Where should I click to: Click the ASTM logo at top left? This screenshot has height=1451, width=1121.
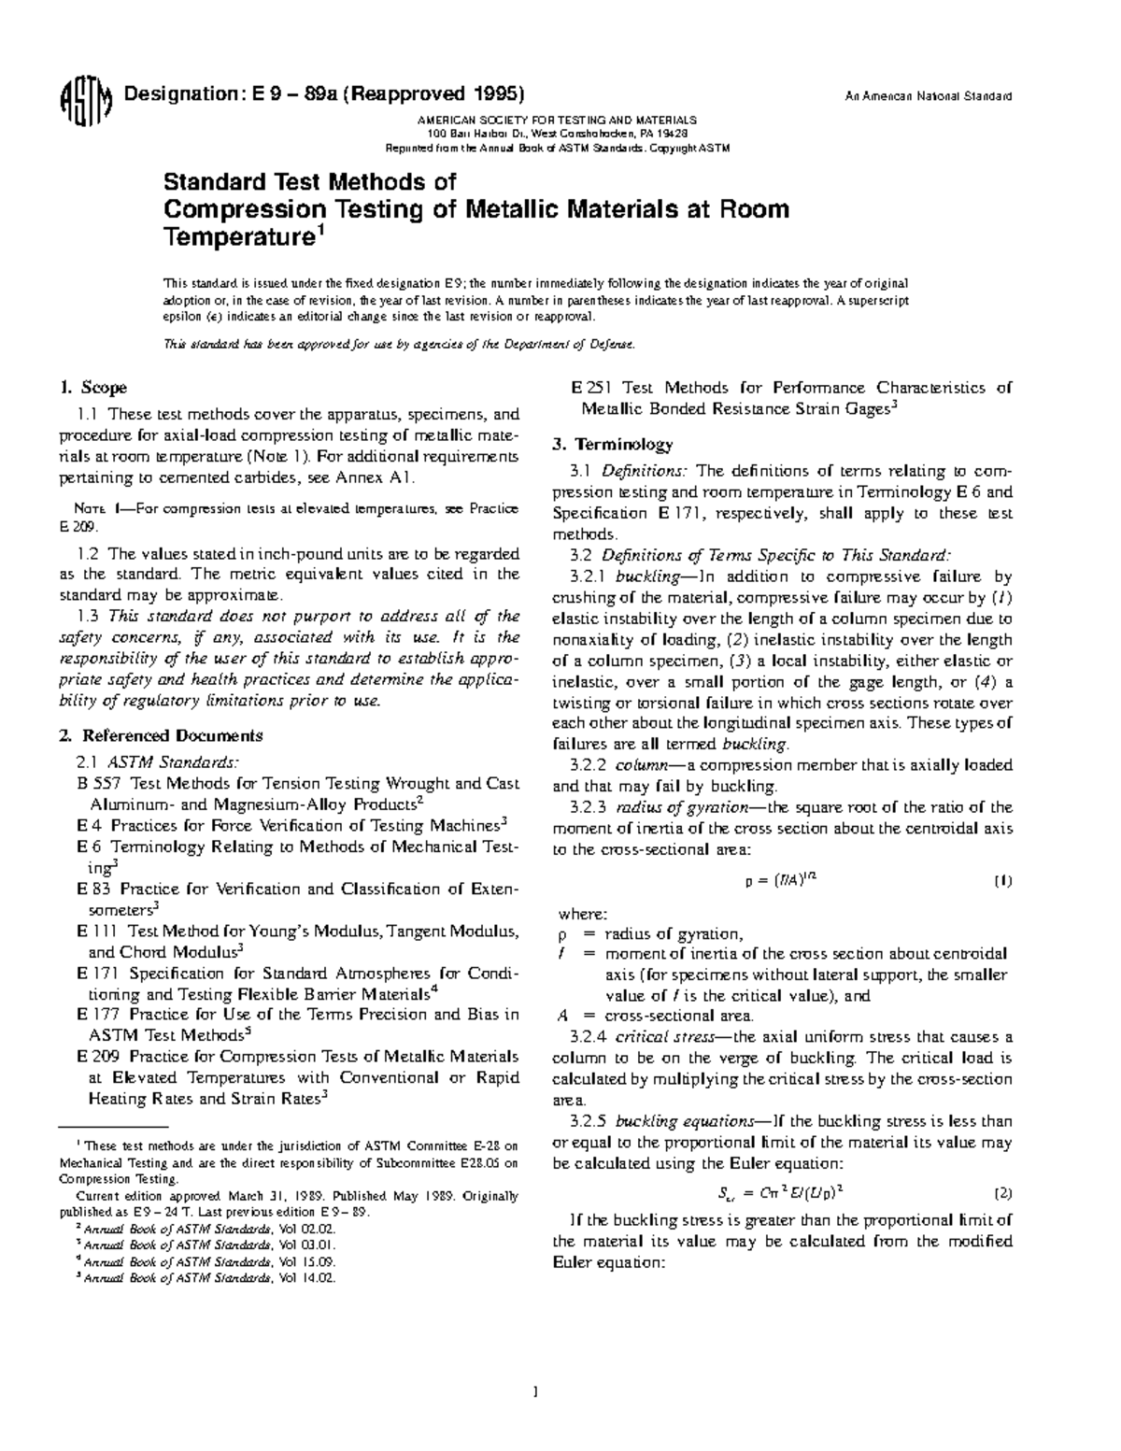click(x=85, y=98)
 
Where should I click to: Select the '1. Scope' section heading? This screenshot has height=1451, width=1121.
click(x=92, y=388)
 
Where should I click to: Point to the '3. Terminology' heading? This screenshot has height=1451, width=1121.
click(x=612, y=444)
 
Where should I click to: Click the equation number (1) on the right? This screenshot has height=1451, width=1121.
click(x=1002, y=881)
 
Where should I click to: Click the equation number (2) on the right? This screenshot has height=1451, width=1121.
click(x=1002, y=1193)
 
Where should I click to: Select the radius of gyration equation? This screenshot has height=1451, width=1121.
click(x=782, y=880)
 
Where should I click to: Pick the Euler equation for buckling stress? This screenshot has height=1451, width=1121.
click(x=780, y=1193)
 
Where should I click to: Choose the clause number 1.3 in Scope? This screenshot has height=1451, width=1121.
click(x=89, y=617)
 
